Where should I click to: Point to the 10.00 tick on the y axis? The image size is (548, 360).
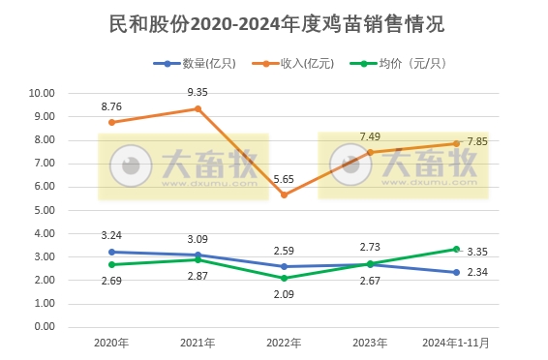tap(43, 94)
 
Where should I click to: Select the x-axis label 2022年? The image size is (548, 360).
tap(285, 343)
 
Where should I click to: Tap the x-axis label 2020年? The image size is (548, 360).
tap(112, 343)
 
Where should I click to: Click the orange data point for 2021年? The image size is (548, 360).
tap(198, 108)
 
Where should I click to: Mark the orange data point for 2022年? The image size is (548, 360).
tap(285, 195)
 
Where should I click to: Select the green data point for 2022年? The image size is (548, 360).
tap(285, 278)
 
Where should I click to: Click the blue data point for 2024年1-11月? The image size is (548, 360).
tap(456, 272)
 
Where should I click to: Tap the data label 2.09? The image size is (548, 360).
tap(285, 295)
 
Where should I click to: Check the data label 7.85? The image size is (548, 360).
tap(476, 141)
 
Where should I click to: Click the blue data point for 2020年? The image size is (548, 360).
tap(112, 252)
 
